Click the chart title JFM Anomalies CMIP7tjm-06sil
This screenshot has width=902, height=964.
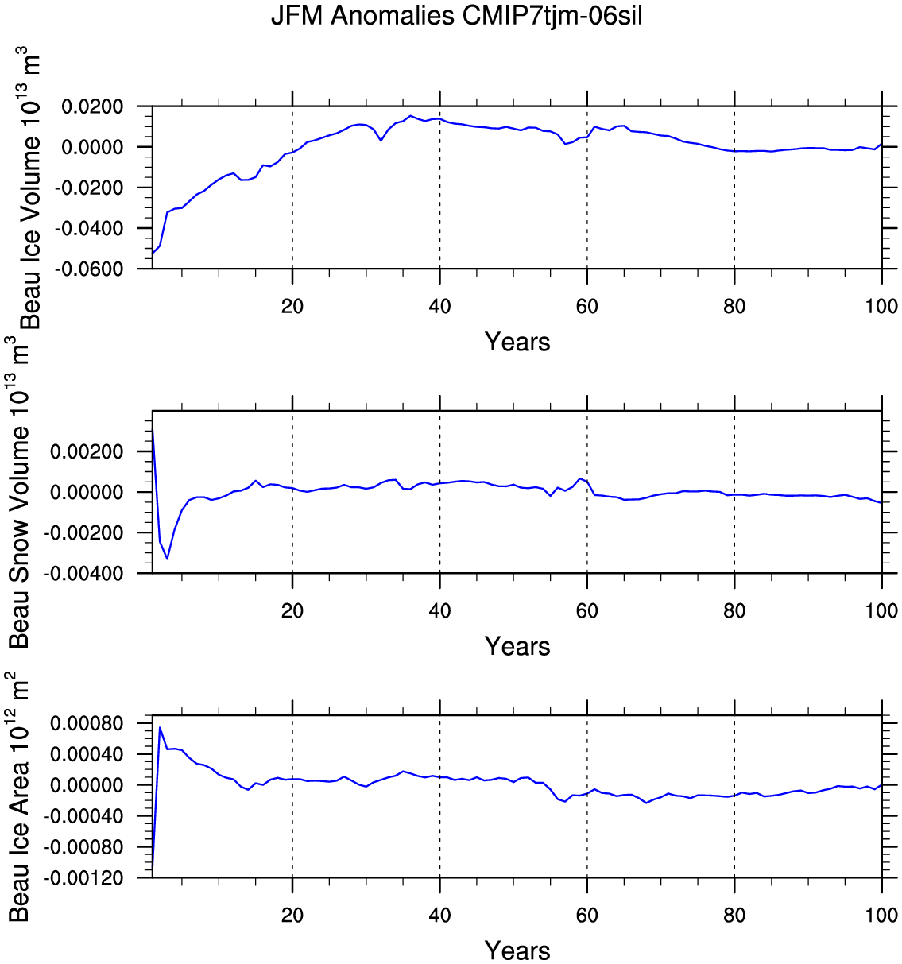(456, 16)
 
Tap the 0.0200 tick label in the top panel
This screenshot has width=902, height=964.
(92, 106)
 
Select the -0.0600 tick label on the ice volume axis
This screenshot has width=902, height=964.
(89, 269)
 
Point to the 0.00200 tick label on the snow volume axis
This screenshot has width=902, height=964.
(87, 452)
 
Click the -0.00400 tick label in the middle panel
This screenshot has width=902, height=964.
(83, 573)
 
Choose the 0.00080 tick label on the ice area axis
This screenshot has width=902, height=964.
(87, 723)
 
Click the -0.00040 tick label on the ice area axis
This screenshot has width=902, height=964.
(83, 816)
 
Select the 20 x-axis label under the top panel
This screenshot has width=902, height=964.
(292, 306)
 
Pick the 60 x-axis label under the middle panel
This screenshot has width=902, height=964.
(587, 610)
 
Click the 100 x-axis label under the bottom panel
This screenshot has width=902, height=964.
(881, 915)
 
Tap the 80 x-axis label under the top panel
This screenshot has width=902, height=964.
(734, 306)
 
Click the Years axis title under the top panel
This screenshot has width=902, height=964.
(517, 342)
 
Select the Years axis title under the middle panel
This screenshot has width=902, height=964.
(517, 646)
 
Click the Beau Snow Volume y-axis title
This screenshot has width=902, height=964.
(18, 492)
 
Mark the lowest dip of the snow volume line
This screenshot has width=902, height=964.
(168, 559)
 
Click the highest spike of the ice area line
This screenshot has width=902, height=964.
(161, 727)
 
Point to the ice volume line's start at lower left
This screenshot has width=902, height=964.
(153, 253)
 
